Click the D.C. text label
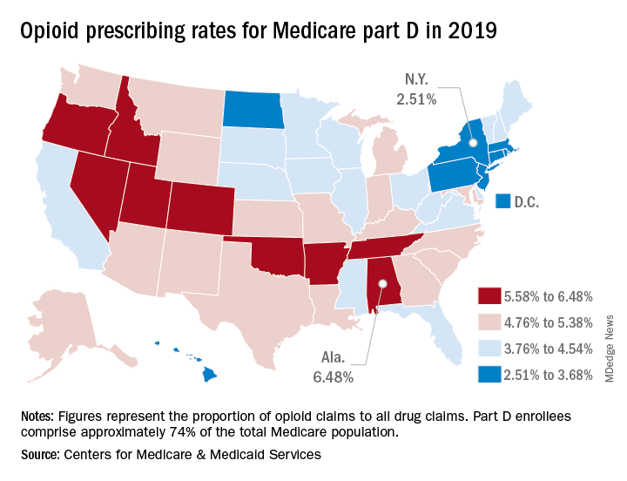pos(527,202)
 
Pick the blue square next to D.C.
pos(502,202)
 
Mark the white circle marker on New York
pos(473,142)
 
